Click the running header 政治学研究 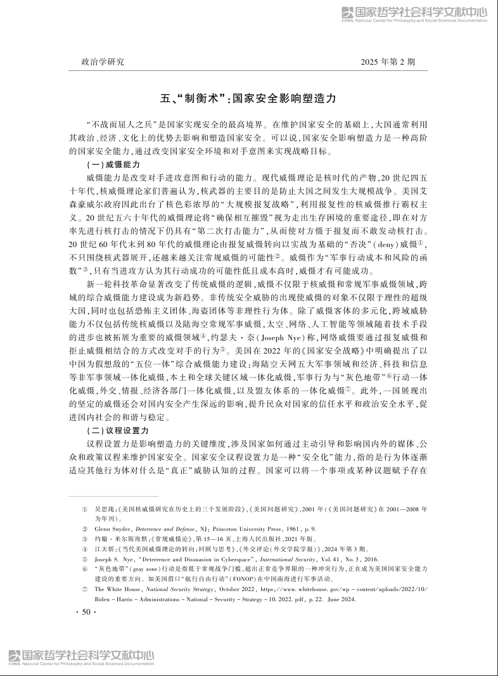click(x=103, y=62)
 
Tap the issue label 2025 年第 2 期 click(x=388, y=62)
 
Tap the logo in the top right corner click(x=414, y=14)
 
